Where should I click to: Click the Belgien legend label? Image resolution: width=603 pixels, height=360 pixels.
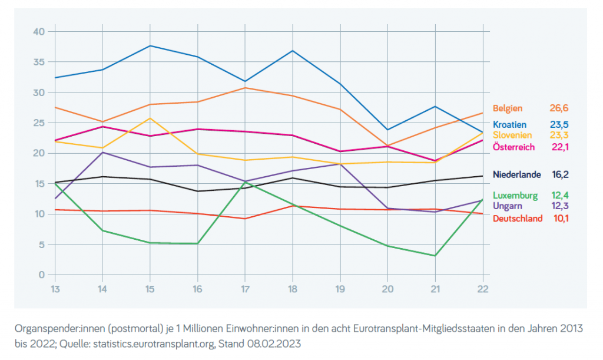click(x=507, y=108)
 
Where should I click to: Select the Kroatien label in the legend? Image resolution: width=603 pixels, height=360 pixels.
click(x=509, y=125)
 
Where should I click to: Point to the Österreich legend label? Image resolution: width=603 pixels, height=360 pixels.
click(x=513, y=147)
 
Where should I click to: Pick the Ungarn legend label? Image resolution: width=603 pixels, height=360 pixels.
click(x=506, y=206)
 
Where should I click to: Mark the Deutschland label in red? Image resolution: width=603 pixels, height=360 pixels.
click(x=518, y=219)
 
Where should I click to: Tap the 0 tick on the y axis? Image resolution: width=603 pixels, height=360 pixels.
click(x=41, y=275)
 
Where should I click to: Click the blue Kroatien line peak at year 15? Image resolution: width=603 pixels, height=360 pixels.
click(x=150, y=45)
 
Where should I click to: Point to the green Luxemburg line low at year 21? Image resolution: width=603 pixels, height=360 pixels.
click(x=435, y=256)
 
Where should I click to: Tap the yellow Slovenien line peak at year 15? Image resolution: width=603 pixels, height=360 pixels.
click(x=150, y=118)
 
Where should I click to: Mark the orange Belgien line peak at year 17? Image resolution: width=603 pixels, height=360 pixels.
click(x=245, y=88)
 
